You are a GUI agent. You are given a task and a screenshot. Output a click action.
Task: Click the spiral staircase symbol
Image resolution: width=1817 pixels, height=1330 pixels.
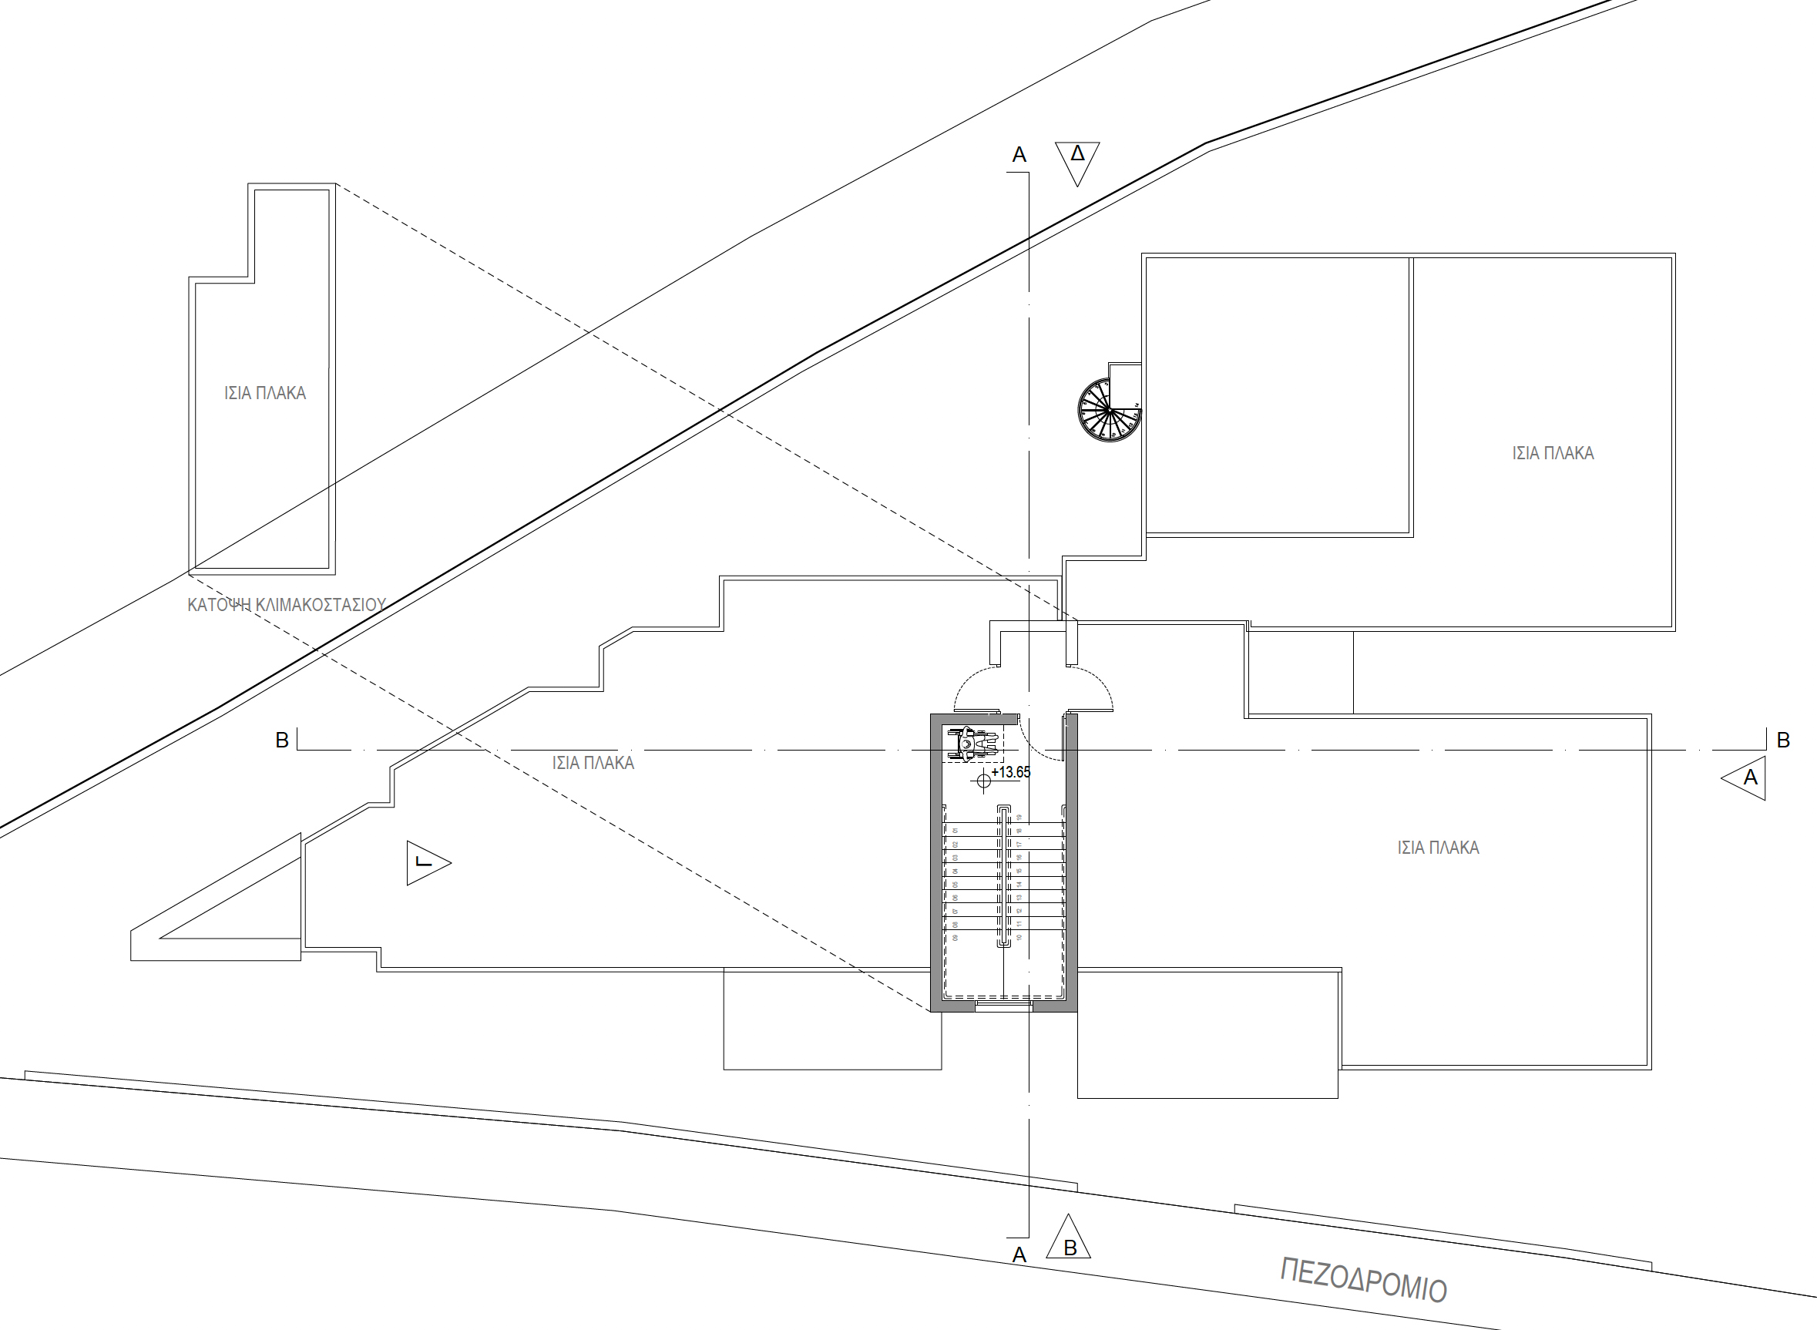pos(1109,411)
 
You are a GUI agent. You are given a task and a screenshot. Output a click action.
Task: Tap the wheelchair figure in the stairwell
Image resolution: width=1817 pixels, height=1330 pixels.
pos(972,743)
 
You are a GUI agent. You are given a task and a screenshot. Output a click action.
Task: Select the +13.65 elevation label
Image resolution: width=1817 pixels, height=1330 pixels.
pos(1010,772)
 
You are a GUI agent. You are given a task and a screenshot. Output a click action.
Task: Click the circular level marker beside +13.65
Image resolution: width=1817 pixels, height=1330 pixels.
pos(983,780)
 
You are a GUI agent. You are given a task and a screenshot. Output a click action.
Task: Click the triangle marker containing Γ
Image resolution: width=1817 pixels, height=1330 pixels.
pos(425,863)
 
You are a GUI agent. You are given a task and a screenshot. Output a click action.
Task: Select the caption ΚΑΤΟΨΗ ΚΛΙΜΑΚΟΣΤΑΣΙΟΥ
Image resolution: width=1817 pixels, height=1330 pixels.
pos(287,605)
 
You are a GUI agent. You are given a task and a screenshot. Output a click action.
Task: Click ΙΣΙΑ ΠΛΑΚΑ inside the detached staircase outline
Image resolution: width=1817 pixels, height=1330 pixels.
pos(265,393)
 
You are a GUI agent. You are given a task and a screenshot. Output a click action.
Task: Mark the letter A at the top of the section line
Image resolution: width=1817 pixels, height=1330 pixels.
pos(1019,156)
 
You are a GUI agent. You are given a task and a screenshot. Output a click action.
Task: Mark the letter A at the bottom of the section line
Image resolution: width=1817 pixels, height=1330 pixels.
pos(1019,1255)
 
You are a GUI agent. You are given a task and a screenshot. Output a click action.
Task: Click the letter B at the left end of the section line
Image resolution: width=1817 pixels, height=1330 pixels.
pos(282,741)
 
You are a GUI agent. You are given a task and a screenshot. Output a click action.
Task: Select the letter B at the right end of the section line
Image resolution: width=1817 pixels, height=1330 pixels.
pos(1783,741)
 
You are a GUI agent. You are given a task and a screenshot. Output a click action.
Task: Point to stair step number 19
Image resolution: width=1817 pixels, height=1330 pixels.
pos(1019,817)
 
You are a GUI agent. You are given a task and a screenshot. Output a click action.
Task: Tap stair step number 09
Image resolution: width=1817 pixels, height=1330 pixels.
pos(955,937)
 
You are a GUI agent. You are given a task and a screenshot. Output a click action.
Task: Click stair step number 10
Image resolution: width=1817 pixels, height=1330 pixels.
pos(1019,937)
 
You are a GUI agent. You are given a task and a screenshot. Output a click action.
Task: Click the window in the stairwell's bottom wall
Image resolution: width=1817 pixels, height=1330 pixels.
pos(1003,1006)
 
